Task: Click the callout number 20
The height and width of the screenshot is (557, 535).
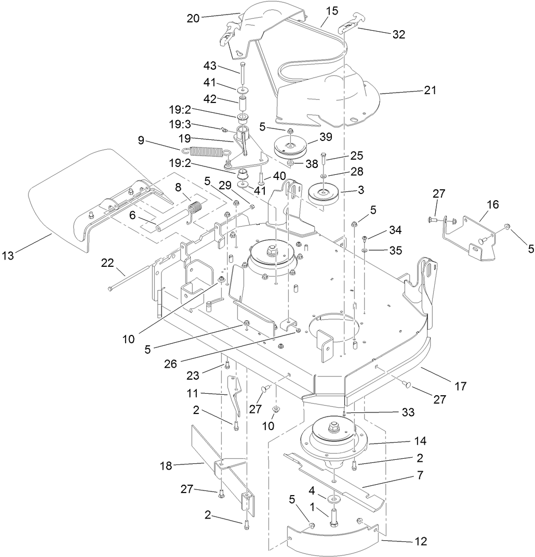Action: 193,18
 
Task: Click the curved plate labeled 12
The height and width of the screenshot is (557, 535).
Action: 332,541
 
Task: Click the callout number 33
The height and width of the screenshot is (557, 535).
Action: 408,412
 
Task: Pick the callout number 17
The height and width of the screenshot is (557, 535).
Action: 460,386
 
